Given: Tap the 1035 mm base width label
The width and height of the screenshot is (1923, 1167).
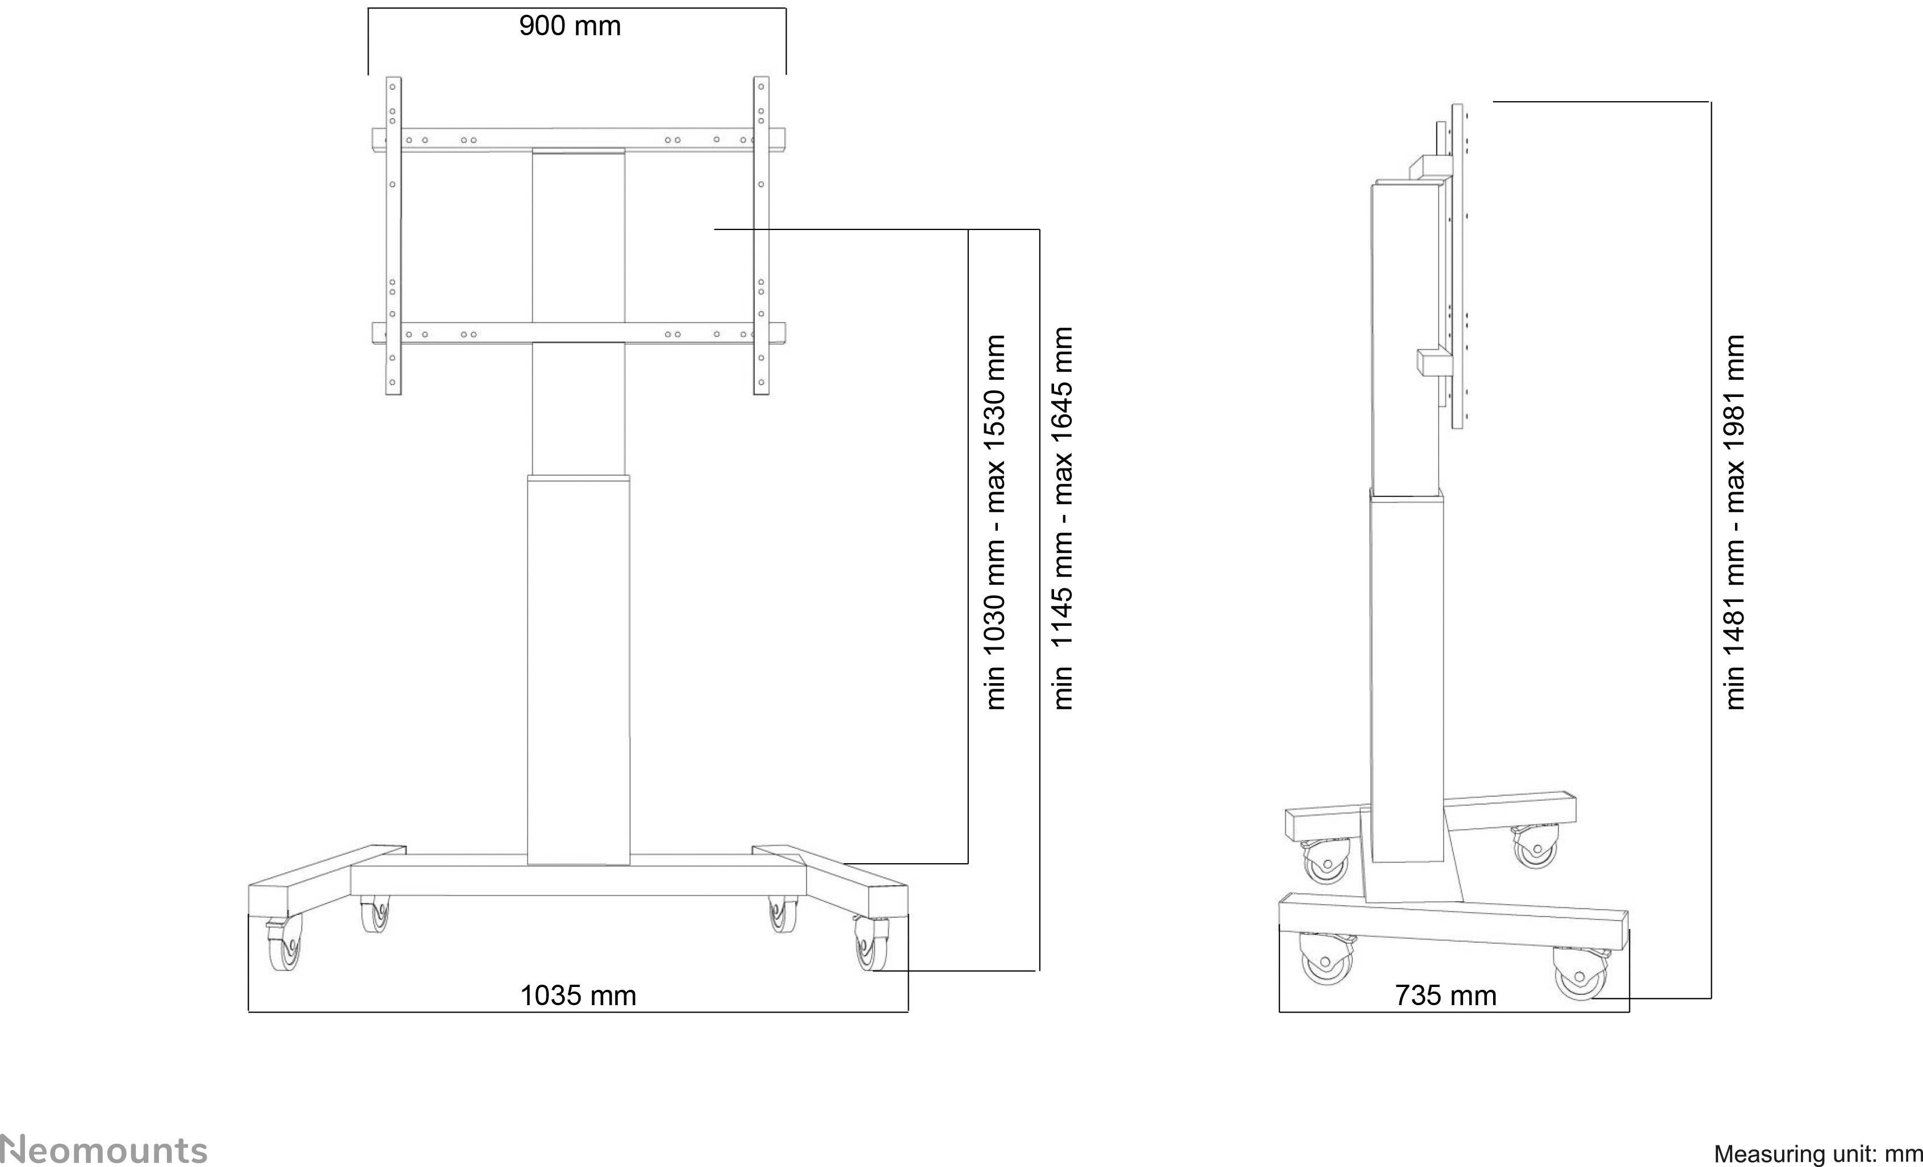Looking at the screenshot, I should (578, 996).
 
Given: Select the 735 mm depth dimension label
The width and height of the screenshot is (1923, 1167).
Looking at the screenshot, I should (1445, 996).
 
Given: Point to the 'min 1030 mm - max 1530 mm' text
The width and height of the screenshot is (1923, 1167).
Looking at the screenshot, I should (995, 521).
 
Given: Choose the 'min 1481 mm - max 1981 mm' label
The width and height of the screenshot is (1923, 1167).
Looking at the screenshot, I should (1733, 521).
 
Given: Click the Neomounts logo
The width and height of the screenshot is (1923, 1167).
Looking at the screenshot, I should (104, 1151).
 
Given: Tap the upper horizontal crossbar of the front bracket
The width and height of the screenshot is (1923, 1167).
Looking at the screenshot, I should (578, 139).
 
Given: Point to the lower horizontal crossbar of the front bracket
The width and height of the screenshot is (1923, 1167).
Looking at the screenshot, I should (578, 333).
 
